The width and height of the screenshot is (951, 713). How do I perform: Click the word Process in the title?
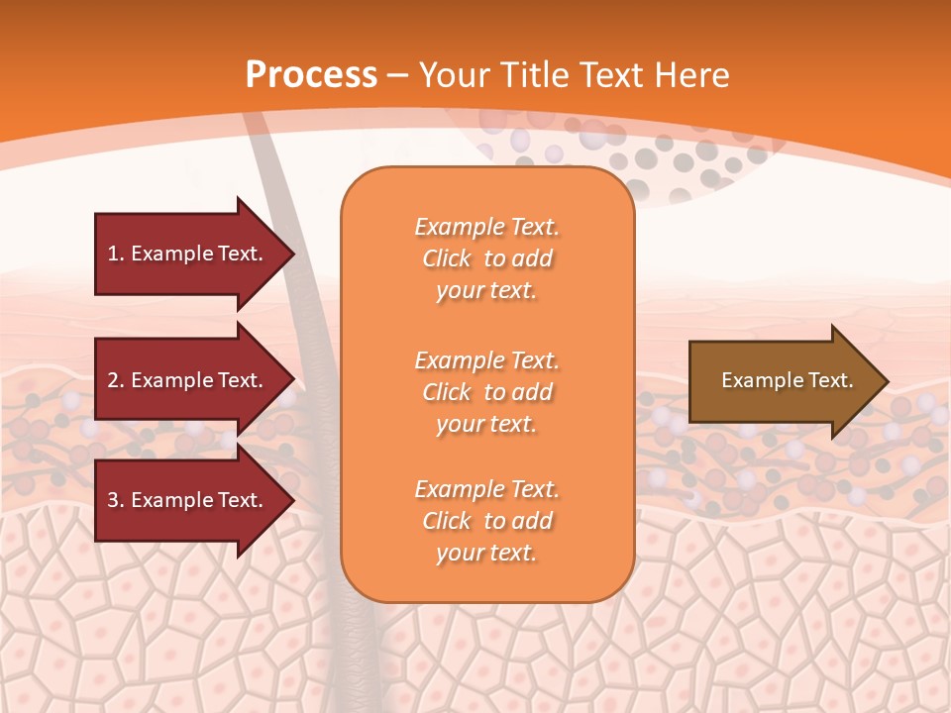311,75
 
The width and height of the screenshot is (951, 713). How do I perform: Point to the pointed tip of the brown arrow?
886,381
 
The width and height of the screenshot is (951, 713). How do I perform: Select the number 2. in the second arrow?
116,380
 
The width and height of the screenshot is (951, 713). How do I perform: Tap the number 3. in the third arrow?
116,500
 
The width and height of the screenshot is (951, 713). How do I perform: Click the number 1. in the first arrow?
115,254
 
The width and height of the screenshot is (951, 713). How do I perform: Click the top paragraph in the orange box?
486,258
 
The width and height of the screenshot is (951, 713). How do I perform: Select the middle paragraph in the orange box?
486,392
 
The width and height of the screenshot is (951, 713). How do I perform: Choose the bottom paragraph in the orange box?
486,521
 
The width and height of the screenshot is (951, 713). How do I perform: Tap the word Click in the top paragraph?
446,258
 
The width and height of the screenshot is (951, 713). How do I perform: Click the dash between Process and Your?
398,75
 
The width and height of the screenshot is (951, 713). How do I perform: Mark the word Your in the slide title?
454,75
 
